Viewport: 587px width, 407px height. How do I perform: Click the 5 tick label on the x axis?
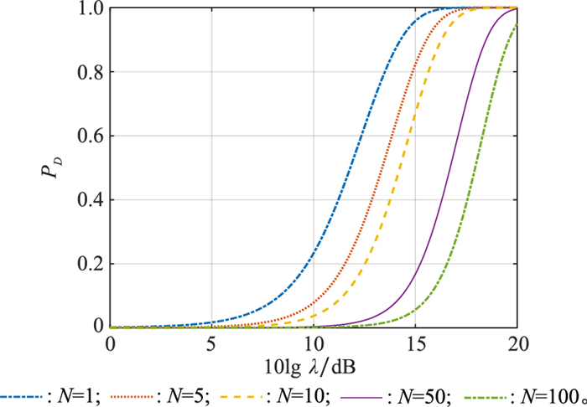point(212,343)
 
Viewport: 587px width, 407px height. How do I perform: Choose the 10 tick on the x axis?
point(314,343)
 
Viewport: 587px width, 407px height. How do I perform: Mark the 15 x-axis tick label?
point(415,343)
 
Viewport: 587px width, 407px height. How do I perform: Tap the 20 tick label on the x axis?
point(517,343)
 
